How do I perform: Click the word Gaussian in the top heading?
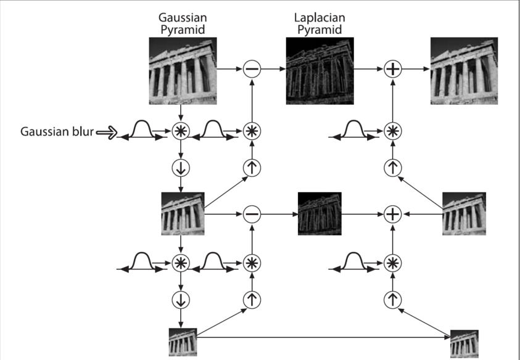183,18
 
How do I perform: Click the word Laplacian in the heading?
320,18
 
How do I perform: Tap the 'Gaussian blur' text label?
57,131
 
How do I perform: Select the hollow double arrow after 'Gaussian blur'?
107,133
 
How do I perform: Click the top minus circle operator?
252,69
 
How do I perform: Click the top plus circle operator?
393,69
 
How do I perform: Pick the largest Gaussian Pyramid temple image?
183,71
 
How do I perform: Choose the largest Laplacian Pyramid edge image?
320,71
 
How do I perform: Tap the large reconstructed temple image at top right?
464,71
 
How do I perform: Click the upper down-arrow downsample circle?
181,168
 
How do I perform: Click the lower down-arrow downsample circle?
181,300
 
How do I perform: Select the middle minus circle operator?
252,214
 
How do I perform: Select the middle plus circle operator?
393,214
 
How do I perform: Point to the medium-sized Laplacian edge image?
320,214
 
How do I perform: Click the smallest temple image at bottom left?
183,342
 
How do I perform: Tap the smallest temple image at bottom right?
464,344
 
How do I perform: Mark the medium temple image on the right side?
464,214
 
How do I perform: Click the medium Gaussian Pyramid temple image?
183,214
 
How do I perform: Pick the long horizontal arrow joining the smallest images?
324,337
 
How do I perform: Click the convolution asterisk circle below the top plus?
393,131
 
